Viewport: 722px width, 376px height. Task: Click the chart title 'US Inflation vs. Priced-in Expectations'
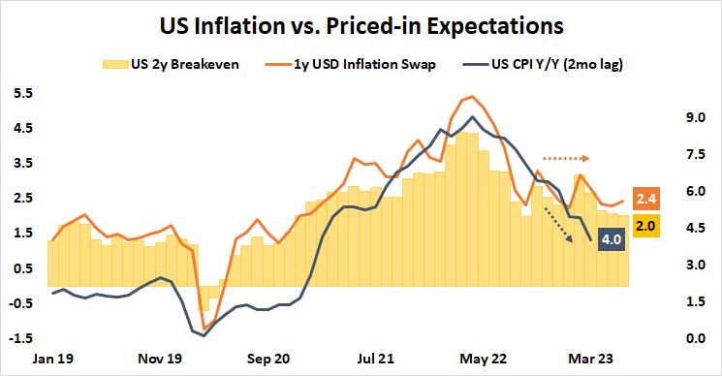pos(361,20)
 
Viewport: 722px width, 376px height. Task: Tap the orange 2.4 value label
pos(647,200)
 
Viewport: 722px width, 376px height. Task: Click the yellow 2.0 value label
pos(647,226)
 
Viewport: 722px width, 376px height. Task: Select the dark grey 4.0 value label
pos(612,238)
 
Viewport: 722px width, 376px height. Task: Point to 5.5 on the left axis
pos(22,93)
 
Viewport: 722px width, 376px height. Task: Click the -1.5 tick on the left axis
pos(19,338)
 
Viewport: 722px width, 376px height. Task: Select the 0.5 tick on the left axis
pos(22,268)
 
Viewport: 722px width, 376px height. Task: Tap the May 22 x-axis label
pos(480,357)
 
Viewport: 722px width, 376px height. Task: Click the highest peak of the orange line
pos(471,97)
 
